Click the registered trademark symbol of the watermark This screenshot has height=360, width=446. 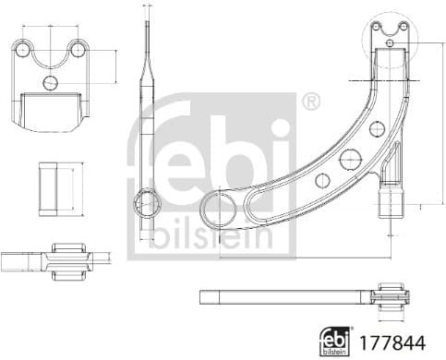tap(311, 100)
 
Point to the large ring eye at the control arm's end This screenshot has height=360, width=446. tap(220, 210)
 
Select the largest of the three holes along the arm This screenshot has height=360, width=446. tap(350, 159)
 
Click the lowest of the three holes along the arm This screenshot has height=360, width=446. tap(320, 181)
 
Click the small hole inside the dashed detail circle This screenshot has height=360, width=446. tap(391, 42)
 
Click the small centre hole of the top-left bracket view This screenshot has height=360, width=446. tap(51, 82)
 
